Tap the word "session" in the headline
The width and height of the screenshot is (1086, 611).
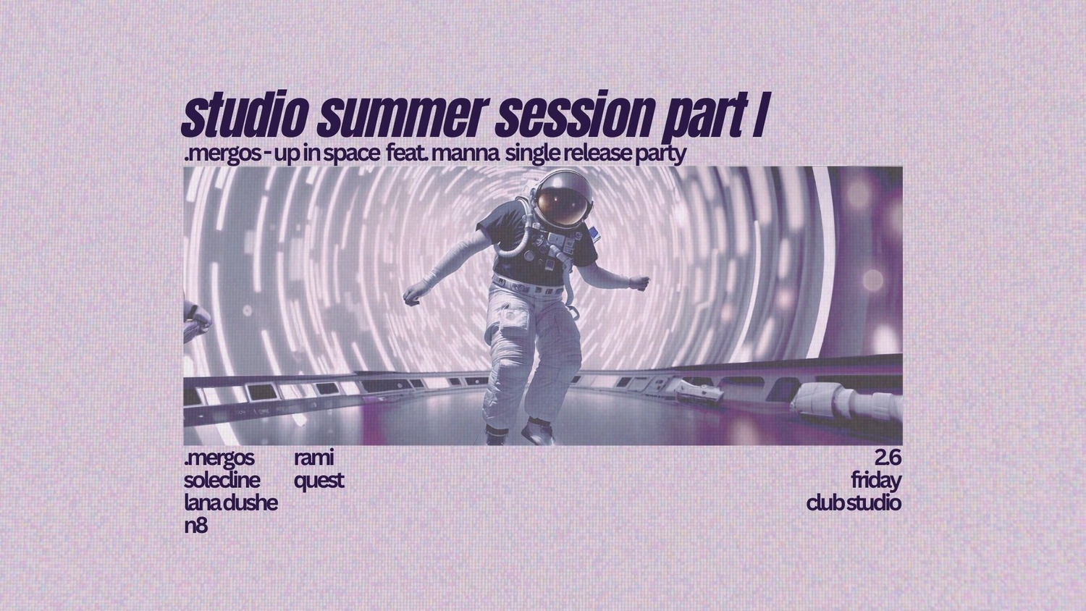click(x=571, y=117)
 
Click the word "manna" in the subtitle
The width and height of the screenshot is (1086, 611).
click(x=464, y=153)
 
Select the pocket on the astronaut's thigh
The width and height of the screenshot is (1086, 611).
click(x=512, y=321)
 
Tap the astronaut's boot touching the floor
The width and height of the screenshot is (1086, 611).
click(x=537, y=431)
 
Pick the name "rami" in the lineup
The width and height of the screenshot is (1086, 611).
click(x=313, y=458)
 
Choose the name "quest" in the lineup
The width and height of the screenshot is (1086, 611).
click(x=319, y=481)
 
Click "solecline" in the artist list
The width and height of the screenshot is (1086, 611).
click(x=222, y=481)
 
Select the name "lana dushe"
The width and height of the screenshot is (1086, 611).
click(x=231, y=503)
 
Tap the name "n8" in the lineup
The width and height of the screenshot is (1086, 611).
click(x=196, y=526)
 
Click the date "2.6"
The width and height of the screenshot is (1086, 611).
click(x=888, y=458)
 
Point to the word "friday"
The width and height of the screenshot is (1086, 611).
click(x=876, y=481)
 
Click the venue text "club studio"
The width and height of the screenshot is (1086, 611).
click(x=854, y=503)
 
